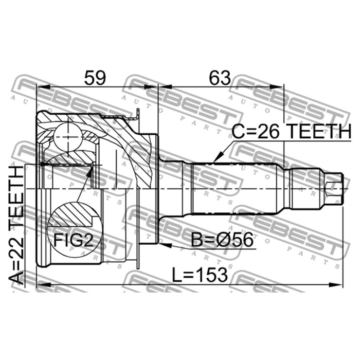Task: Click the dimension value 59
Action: (95, 78)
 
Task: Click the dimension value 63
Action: (220, 78)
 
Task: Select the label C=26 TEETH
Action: (292, 131)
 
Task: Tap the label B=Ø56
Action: (222, 240)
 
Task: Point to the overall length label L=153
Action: (200, 275)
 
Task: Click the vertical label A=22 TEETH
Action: (16, 225)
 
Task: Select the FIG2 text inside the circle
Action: (74, 240)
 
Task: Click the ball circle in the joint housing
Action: (68, 137)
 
